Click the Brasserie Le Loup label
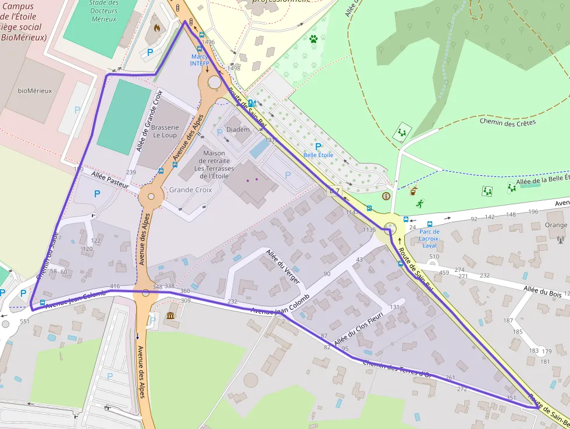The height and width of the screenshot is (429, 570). pos(165,131)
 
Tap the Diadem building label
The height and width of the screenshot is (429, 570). pos(237,129)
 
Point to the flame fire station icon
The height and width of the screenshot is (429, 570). pos(156,27)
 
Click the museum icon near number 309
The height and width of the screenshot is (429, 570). pos(170,315)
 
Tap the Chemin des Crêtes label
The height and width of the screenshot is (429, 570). pos(508,122)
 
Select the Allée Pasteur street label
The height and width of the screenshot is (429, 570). pos(110,179)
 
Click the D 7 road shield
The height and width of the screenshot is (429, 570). pos(334,190)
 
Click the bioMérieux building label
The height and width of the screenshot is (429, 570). pos(35,91)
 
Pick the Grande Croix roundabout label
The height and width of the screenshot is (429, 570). pos(190,190)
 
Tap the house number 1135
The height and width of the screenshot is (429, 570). pos(369,230)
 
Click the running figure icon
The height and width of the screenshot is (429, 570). pos(419,204)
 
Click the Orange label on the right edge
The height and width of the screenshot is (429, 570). pos(556,225)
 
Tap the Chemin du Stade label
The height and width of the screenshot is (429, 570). pos(48,256)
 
